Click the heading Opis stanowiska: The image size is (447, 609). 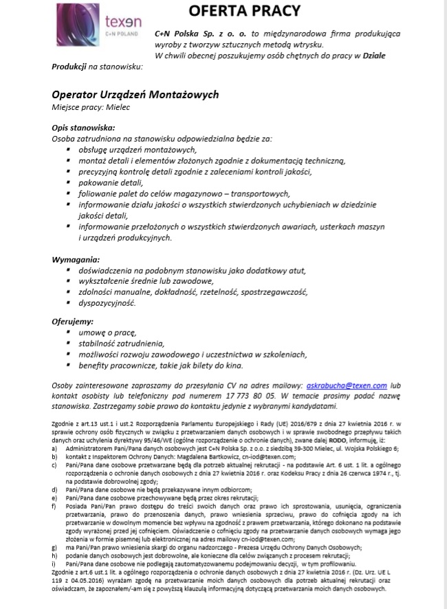(83, 128)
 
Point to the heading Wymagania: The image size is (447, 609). (74, 260)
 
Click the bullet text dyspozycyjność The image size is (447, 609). (107, 303)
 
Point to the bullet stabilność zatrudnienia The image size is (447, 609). (121, 343)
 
